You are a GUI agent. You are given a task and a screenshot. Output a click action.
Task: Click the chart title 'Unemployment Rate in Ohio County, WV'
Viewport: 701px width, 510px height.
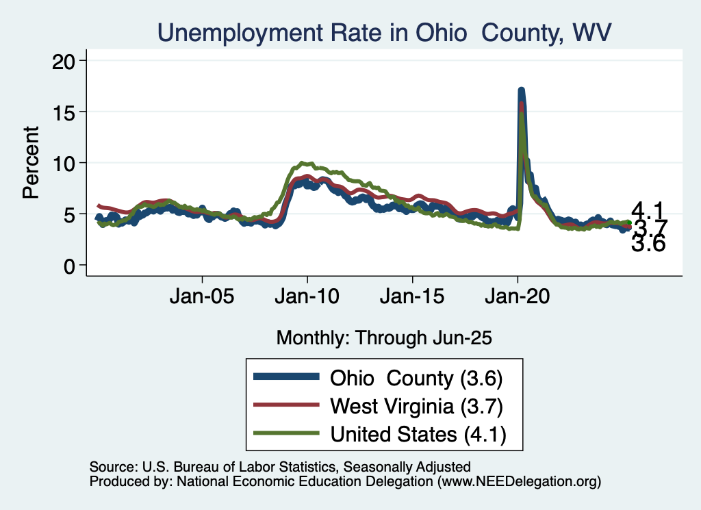(x=383, y=31)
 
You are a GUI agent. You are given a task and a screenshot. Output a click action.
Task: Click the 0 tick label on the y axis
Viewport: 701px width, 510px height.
(x=67, y=266)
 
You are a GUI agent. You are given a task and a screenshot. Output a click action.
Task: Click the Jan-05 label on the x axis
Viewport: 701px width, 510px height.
(x=203, y=298)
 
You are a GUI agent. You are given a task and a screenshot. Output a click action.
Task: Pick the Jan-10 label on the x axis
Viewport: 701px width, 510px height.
(x=307, y=298)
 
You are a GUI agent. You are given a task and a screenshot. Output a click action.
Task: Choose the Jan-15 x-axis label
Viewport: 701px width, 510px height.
(x=412, y=298)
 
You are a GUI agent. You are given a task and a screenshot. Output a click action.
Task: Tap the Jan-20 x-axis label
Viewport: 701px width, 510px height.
(x=518, y=298)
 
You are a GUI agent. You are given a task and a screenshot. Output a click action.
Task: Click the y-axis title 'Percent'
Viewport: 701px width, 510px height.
(x=31, y=163)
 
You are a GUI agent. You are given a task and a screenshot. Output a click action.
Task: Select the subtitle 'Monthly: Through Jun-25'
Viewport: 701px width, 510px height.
(x=384, y=337)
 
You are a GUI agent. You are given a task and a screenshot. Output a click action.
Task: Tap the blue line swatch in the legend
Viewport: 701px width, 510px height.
(x=285, y=377)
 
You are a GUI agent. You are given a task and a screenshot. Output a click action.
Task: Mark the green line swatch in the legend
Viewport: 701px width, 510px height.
(x=285, y=433)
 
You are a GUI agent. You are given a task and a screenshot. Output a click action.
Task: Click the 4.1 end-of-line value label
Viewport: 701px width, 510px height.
(x=647, y=211)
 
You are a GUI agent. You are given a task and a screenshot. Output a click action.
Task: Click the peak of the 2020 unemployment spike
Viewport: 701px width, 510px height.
(x=521, y=91)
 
